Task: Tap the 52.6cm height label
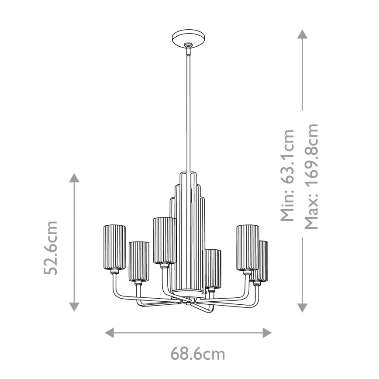click(x=52, y=248)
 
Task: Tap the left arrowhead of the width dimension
click(x=110, y=333)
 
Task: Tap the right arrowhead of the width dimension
click(x=267, y=333)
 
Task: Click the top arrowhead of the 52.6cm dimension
click(x=74, y=178)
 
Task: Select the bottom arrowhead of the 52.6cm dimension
click(x=74, y=306)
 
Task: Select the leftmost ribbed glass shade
click(x=114, y=247)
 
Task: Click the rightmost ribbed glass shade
click(x=260, y=261)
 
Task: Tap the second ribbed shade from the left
click(x=139, y=262)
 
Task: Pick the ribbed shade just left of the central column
click(x=164, y=240)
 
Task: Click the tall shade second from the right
click(x=248, y=247)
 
